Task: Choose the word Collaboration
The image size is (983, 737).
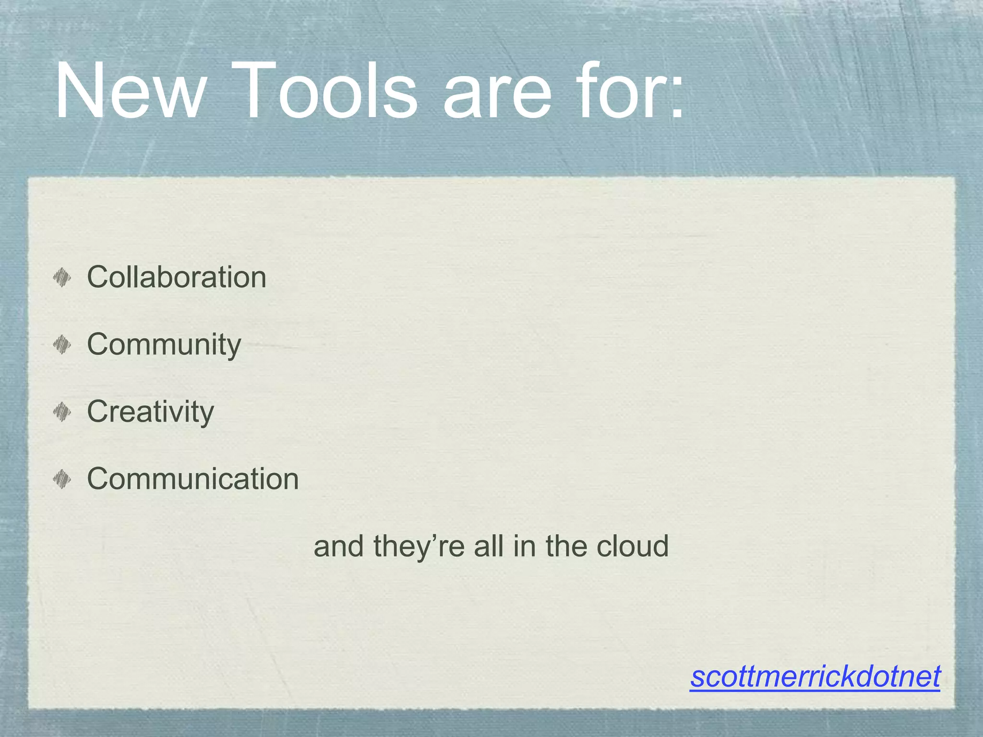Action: point(177,277)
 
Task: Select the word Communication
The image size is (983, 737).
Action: point(193,479)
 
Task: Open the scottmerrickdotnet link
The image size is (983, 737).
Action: point(815,677)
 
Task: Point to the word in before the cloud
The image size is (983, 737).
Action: point(524,546)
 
